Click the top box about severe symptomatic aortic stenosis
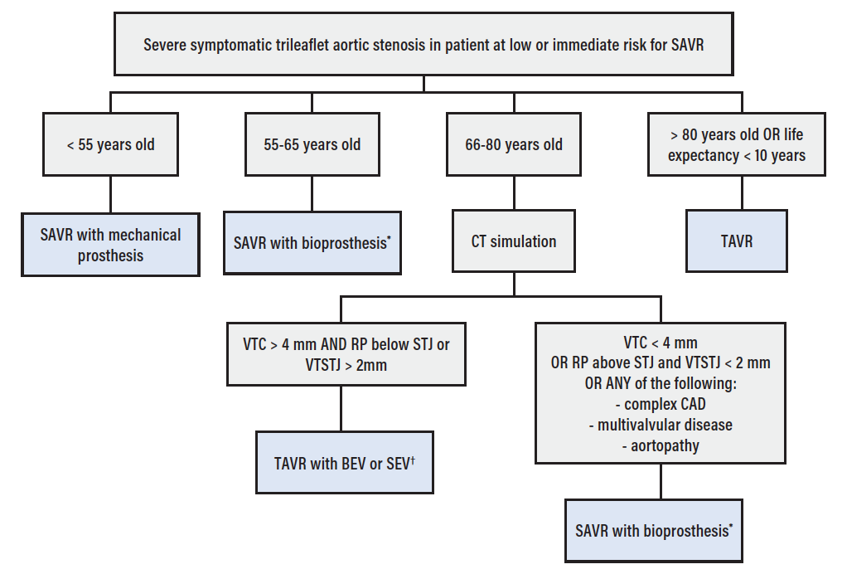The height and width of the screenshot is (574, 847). pos(423,44)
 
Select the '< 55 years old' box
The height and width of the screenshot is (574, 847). pos(110,144)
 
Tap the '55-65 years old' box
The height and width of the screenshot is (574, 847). pos(312,144)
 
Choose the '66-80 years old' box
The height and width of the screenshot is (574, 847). pos(514,144)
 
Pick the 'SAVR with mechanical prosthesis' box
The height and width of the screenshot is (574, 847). pos(110,245)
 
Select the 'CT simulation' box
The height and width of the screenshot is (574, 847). pos(514,242)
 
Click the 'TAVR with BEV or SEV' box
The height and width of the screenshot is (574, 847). pos(344,463)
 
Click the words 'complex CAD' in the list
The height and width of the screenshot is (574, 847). pos(661,405)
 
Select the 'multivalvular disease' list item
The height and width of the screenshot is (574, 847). pos(661,425)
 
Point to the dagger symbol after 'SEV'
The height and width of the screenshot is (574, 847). pos(413,459)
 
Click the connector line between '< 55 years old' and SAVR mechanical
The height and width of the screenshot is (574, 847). pos(110,193)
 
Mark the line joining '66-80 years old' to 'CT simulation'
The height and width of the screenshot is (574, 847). pos(514,192)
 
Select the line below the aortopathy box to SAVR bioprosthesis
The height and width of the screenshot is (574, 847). pos(661,481)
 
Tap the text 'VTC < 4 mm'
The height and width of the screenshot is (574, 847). pos(661,343)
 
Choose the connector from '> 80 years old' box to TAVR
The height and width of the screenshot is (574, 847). pos(742,192)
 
